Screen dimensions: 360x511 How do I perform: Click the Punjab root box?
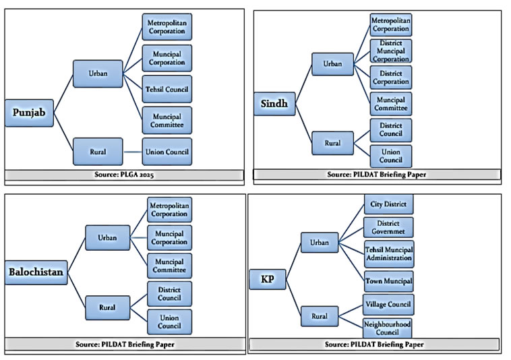29,113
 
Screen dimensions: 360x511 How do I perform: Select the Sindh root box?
274,103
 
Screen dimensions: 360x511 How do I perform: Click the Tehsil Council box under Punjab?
167,89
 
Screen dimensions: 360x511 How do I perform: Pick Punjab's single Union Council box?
167,152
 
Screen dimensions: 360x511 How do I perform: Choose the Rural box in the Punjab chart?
98,152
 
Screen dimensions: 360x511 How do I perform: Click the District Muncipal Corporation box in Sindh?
390,51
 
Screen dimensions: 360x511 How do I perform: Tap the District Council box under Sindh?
390,129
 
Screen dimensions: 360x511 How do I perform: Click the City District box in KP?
388,204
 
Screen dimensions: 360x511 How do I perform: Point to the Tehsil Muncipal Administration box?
388,253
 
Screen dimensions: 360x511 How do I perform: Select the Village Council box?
388,304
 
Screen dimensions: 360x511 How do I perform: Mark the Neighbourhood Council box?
388,328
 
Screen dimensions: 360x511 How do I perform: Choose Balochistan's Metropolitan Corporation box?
169,209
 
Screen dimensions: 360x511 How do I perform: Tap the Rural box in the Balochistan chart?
108,307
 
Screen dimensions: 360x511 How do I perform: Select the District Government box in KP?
388,228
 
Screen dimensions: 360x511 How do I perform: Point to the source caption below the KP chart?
374,344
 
